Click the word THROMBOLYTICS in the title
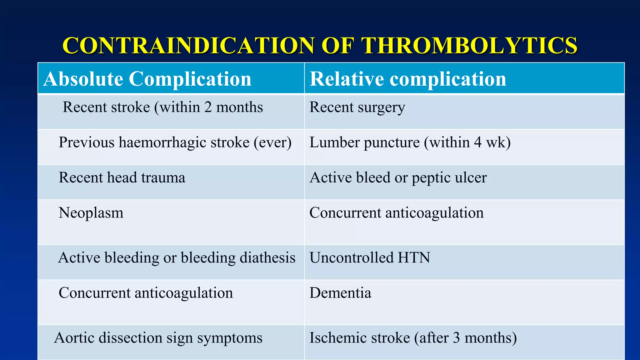point(469,46)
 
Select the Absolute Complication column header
point(147,79)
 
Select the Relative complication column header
point(408,79)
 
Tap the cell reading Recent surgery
point(357,107)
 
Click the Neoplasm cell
point(91,213)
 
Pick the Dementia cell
point(340,293)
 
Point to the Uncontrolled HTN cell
point(370,258)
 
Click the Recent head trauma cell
point(122,178)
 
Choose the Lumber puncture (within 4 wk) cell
point(410,143)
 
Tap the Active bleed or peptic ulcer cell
point(398,178)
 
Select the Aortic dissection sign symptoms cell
point(158,338)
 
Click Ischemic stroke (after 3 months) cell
point(413,338)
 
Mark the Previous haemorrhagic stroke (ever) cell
point(175,143)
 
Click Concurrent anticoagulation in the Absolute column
point(146,293)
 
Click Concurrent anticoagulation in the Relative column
point(396,213)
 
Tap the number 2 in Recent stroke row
point(208,107)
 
